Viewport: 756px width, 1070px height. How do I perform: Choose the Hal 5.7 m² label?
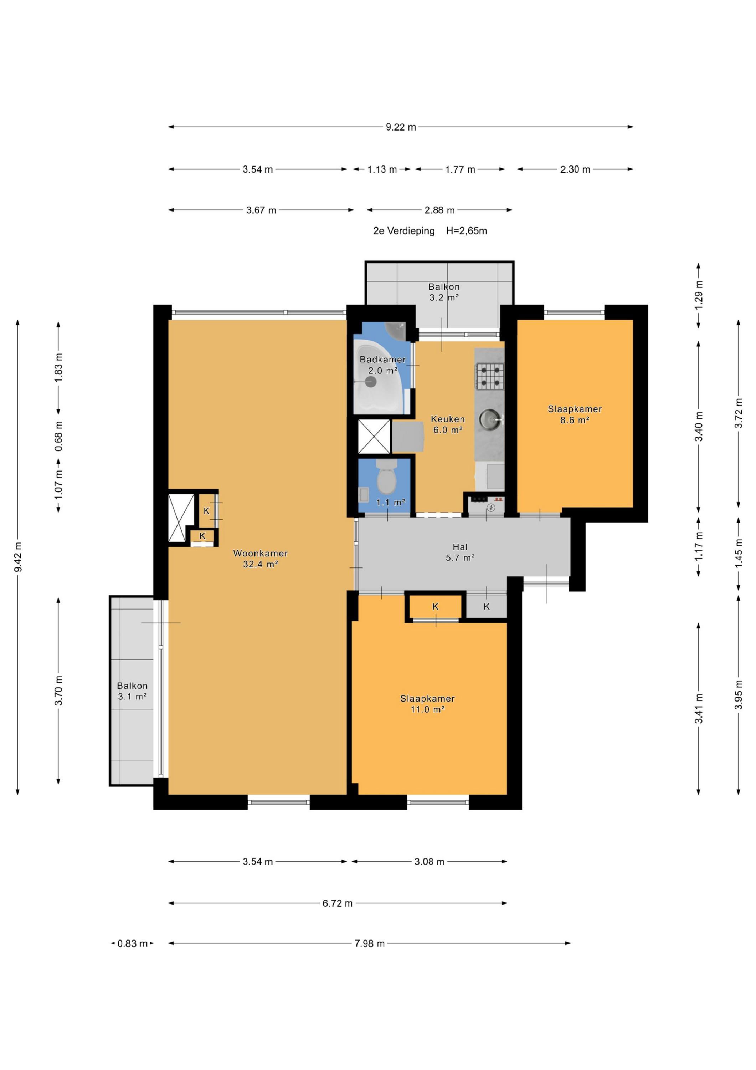[x=460, y=552]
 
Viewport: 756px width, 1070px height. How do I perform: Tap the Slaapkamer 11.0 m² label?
[x=427, y=704]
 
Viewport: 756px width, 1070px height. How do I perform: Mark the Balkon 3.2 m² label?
[x=444, y=292]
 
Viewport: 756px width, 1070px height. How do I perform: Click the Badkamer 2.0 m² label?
[x=382, y=365]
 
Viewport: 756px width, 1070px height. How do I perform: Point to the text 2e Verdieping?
[x=404, y=231]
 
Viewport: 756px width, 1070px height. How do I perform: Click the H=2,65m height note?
[x=467, y=231]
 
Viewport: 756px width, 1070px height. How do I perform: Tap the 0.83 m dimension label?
[x=132, y=944]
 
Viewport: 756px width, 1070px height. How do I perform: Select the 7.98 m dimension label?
[x=370, y=944]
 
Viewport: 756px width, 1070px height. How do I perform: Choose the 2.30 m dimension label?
[x=575, y=170]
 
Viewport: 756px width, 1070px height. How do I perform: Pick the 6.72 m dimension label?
[x=338, y=903]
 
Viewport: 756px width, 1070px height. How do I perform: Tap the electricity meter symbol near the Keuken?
[x=490, y=508]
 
